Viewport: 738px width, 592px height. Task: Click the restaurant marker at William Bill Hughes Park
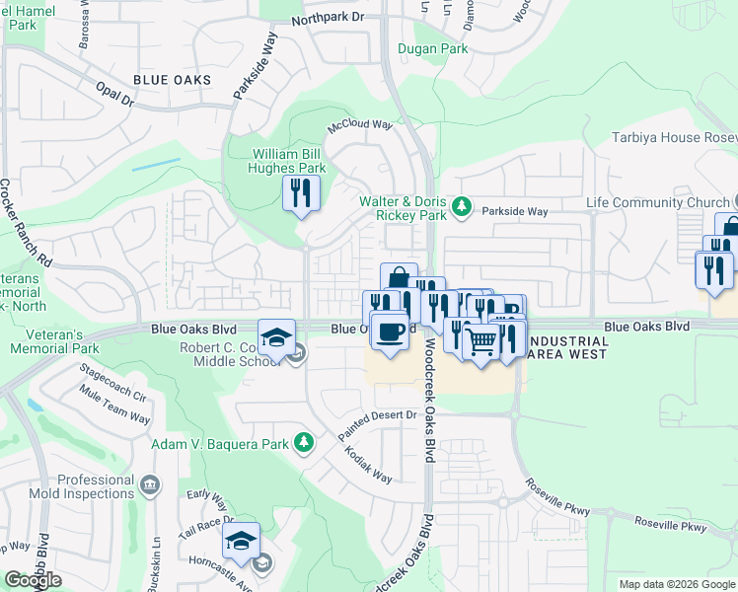coord(301,192)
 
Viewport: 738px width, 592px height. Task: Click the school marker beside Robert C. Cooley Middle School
coord(277,337)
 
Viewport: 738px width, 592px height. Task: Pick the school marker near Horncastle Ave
coord(241,541)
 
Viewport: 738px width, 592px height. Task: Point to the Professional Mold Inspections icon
coord(150,484)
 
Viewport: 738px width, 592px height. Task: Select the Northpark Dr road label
coord(329,20)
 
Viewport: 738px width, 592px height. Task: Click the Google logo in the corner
coord(33,579)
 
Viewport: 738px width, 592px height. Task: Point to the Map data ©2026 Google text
coord(677,584)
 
